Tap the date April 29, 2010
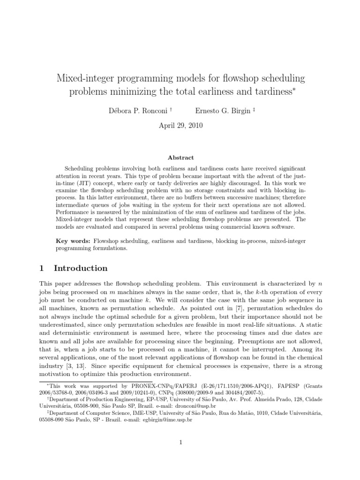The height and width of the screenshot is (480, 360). tap(180, 126)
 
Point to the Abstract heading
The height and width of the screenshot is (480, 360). tap(180, 158)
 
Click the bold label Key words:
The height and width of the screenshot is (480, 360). tap(74, 241)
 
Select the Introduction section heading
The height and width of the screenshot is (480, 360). tap(81, 268)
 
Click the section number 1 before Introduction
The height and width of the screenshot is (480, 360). tap(42, 268)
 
